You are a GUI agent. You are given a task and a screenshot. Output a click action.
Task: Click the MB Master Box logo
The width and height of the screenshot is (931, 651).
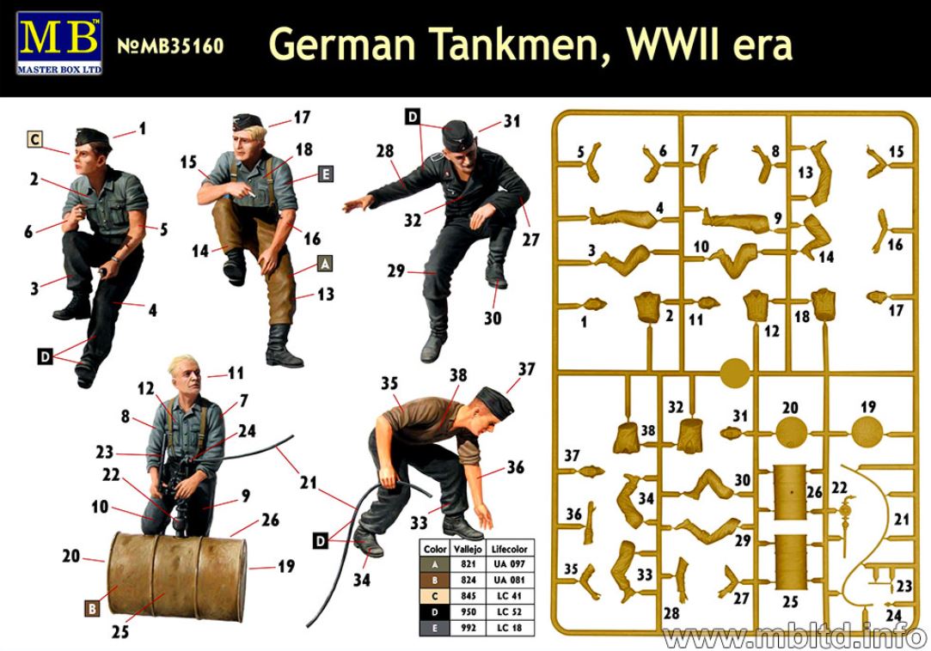[59, 43]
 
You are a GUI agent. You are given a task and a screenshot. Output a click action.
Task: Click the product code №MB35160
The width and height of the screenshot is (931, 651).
[170, 46]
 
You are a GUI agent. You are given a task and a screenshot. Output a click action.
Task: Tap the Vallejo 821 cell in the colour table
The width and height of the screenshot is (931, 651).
[468, 564]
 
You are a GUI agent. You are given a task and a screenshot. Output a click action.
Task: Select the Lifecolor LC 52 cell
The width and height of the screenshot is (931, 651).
[510, 611]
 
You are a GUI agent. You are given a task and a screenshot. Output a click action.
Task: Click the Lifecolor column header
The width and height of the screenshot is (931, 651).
[510, 548]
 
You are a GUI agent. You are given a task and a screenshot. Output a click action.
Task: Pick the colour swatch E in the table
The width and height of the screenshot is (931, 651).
[435, 628]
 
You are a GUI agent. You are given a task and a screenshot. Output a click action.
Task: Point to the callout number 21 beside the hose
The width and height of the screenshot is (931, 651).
[308, 483]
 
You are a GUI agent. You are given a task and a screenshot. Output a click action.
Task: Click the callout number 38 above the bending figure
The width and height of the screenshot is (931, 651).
[458, 375]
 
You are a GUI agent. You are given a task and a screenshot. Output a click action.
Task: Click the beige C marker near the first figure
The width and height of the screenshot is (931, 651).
[35, 139]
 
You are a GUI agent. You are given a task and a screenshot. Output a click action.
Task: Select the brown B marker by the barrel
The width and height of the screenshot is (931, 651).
[92, 608]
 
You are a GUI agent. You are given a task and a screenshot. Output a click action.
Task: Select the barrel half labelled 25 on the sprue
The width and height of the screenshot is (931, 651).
[791, 562]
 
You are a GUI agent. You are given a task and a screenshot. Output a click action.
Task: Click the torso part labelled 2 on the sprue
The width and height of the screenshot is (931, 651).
[648, 307]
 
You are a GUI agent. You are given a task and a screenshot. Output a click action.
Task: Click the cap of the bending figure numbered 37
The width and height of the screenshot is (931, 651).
[495, 400]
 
